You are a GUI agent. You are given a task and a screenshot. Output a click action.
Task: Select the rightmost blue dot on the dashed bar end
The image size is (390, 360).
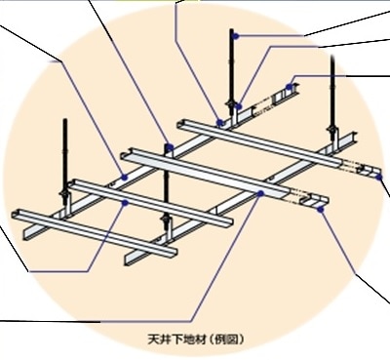(379, 177)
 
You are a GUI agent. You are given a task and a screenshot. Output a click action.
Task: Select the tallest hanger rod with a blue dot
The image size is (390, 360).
(234, 68)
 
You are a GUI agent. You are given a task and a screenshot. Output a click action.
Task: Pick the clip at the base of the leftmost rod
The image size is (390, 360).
(67, 196)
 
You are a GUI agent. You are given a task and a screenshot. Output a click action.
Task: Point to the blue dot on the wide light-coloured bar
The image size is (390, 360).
(261, 194)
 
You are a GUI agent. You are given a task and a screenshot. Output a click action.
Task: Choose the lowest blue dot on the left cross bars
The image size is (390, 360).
(126, 204)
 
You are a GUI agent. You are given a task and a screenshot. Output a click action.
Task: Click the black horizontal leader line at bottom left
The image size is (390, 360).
(49, 321)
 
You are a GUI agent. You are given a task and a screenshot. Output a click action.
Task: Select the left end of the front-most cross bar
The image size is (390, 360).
(16, 214)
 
